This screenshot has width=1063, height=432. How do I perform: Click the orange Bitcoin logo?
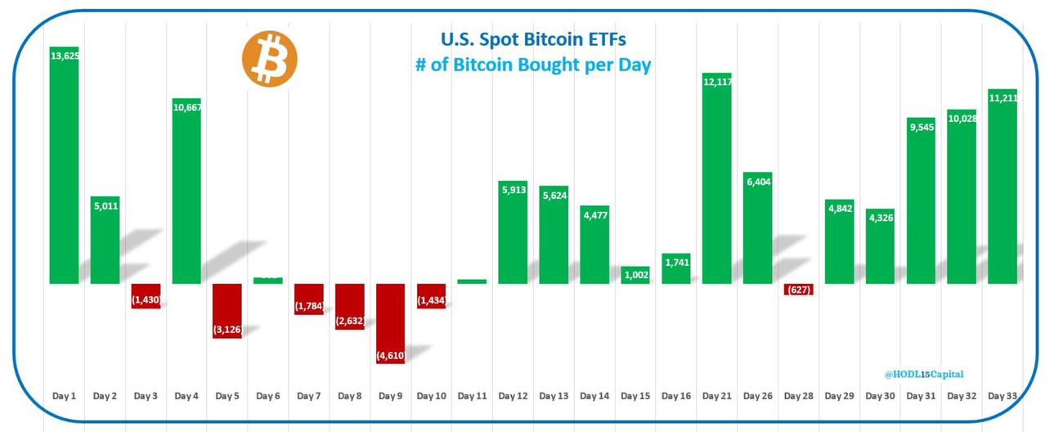tap(269, 60)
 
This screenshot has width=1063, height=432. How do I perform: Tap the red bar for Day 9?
tap(391, 323)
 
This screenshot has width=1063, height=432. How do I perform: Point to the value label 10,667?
tap(186, 107)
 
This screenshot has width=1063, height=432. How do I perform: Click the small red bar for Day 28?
tap(798, 290)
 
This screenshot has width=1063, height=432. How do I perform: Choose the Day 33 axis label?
tap(1002, 396)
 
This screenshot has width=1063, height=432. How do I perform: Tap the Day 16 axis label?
tap(675, 396)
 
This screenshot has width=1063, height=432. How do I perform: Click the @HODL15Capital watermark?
tap(923, 374)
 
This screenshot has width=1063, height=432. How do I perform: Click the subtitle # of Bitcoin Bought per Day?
tap(533, 65)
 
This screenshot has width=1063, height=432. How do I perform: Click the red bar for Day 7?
tap(309, 299)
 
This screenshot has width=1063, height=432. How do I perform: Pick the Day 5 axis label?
tap(227, 396)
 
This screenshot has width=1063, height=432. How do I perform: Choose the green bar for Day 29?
tap(839, 241)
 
